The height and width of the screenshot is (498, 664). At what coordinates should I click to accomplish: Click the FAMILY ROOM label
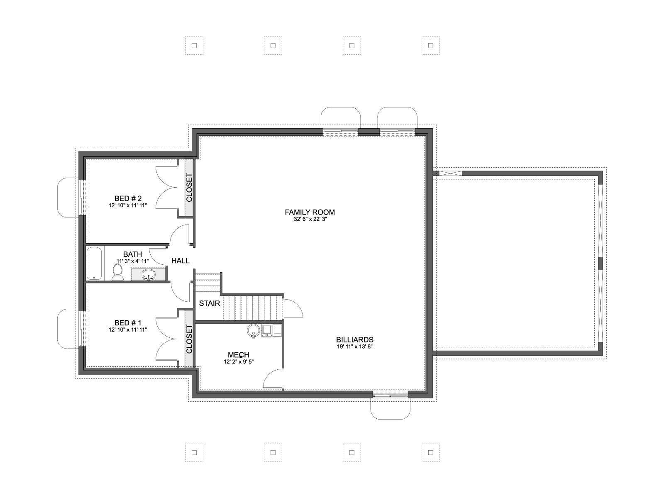coord(310,212)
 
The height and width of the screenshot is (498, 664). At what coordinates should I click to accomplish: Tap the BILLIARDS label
coord(354,339)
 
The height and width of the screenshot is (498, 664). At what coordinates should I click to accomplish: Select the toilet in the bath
coord(117,272)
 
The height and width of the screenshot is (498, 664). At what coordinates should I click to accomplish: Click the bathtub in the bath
coord(95,263)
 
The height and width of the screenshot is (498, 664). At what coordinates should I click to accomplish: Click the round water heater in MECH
coord(253,330)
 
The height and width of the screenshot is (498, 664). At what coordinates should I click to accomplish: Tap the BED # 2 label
coord(128,198)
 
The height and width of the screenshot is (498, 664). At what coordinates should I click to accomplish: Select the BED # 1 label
coord(128,323)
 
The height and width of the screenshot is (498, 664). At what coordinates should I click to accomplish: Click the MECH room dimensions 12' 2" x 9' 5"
coord(238,361)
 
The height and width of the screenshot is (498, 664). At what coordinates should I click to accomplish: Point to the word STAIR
coord(209,303)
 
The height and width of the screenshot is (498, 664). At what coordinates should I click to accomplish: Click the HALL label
coord(180,261)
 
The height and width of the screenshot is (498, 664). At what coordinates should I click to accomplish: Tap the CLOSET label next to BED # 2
coord(189,188)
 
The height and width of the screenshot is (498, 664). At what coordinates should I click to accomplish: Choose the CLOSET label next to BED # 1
coord(189,339)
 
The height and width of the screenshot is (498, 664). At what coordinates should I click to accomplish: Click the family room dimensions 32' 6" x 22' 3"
coord(310,219)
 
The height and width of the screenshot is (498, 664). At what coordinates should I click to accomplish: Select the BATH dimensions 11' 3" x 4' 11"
coord(132,261)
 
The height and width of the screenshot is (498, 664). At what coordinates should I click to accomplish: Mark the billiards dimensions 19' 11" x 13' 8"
coord(354,347)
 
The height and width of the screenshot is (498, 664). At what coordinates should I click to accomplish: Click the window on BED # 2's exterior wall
coord(81,197)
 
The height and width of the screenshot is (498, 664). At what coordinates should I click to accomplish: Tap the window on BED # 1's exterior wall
coord(81,329)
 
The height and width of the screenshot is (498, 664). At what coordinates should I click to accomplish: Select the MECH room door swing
coord(273,378)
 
